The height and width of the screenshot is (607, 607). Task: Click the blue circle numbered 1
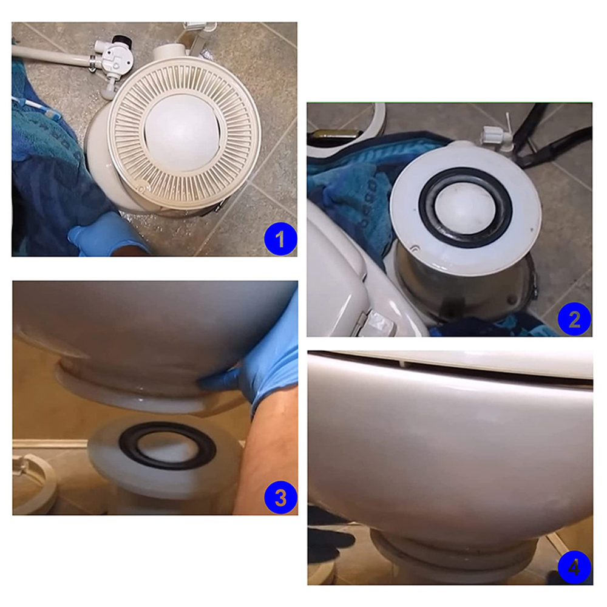[x=280, y=238]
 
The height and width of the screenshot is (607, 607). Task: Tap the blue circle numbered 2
[x=574, y=319]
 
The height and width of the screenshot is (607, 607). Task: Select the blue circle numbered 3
[x=280, y=498]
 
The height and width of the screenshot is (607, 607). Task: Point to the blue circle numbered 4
[x=574, y=568]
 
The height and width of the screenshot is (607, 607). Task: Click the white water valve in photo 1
[x=112, y=62]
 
